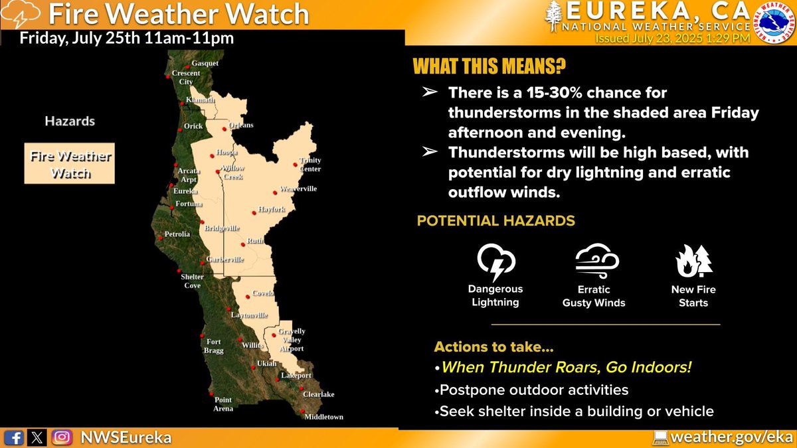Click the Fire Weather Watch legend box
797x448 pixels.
point(69,163)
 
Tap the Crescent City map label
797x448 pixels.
point(185,77)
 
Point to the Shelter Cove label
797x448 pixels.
point(193,281)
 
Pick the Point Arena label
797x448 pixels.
point(223,404)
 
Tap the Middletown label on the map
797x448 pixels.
point(323,417)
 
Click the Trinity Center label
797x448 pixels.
point(310,165)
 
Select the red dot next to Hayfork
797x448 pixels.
point(253,213)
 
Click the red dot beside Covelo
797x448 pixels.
point(247,297)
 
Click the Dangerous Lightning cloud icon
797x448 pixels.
point(495,262)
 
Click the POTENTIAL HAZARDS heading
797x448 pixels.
point(495,220)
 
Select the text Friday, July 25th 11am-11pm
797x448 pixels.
point(126,38)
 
